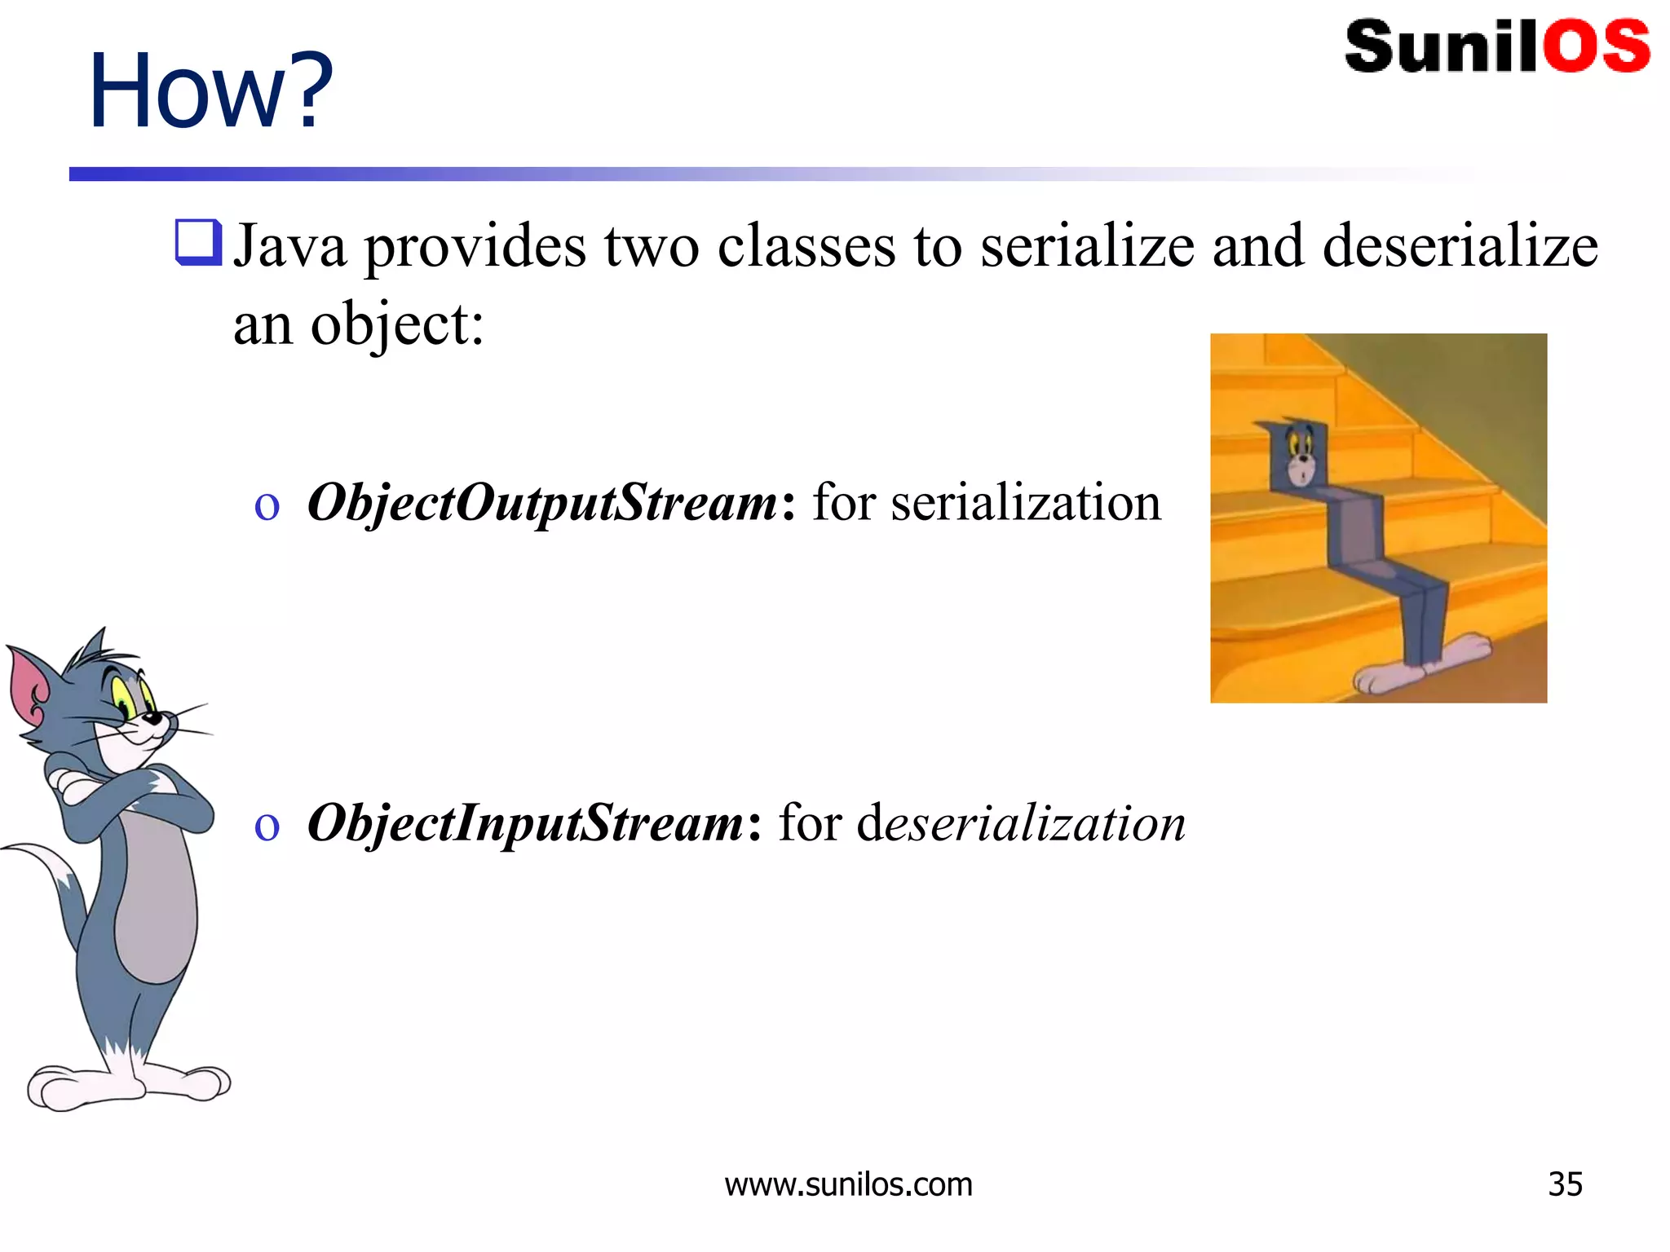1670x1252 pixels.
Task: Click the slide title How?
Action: (210, 91)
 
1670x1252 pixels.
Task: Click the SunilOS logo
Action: (1497, 47)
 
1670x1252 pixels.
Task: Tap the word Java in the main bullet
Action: (289, 246)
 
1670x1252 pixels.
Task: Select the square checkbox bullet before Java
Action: (198, 242)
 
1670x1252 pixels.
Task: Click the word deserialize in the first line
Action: (1460, 246)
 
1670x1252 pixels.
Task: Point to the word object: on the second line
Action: (397, 325)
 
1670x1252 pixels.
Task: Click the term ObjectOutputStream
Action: (542, 502)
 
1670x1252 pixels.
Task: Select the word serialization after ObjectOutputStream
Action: (1026, 502)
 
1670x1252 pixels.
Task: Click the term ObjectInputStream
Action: (525, 822)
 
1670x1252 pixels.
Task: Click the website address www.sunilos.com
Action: (848, 1184)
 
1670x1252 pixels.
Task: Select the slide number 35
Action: (1565, 1184)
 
